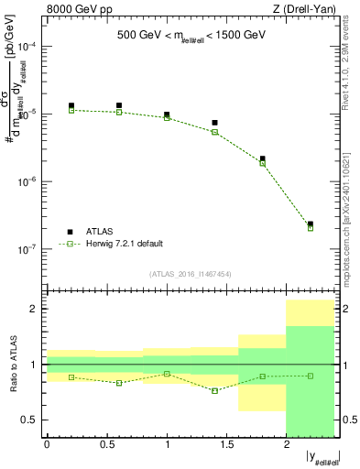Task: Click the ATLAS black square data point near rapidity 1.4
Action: pos(214,123)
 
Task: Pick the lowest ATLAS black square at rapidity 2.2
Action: pos(311,224)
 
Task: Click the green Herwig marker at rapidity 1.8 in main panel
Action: pos(263,164)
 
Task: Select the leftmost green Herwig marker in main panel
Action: pos(71,110)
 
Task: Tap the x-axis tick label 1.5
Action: pos(226,444)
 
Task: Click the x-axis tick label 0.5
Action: pos(106,444)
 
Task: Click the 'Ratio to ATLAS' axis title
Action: pos(12,365)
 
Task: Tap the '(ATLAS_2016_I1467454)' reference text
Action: pos(190,273)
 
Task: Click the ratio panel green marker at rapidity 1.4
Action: pos(214,391)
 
